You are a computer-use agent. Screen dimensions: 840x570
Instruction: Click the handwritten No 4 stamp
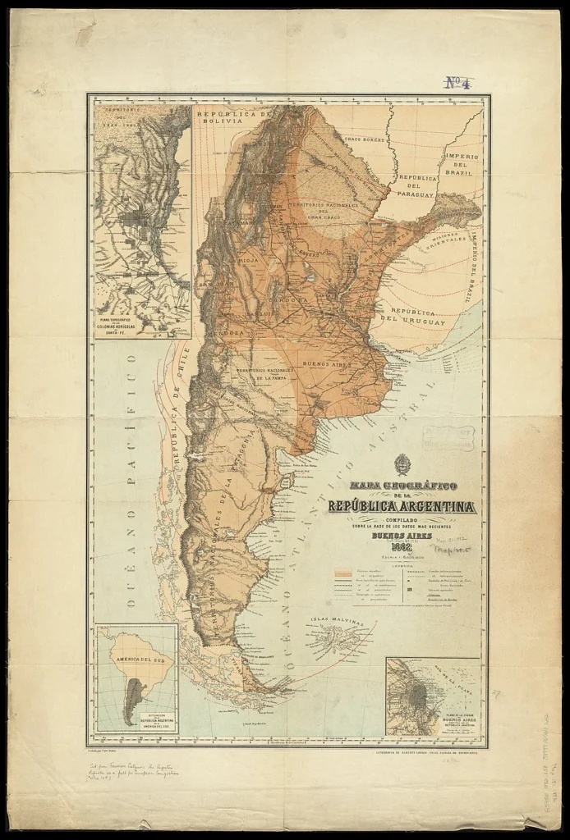459,81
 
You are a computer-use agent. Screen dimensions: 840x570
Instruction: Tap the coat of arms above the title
402,464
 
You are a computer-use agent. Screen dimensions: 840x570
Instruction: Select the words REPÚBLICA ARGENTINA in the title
402,506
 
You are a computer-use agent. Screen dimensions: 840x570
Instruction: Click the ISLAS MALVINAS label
338,622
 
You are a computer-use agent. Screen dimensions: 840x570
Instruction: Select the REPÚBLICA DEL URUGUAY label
417,317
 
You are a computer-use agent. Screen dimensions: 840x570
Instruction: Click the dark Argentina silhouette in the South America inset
132,705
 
